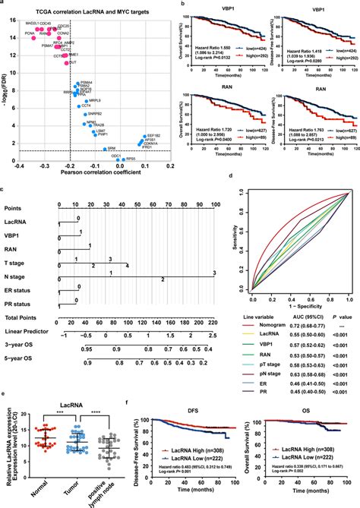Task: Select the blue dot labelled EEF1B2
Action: [x=141, y=112]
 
